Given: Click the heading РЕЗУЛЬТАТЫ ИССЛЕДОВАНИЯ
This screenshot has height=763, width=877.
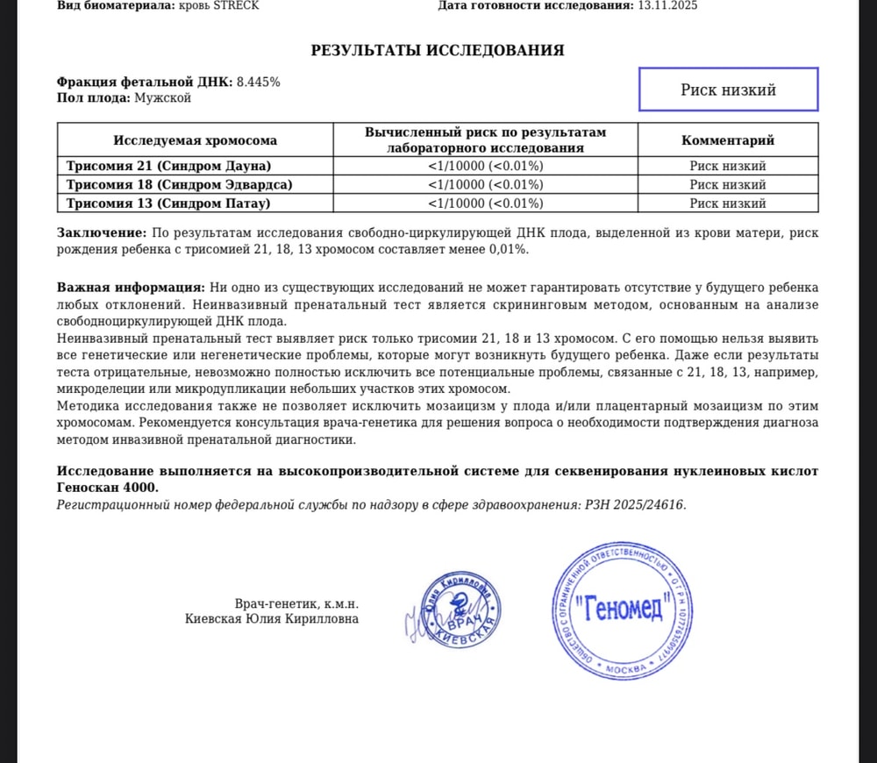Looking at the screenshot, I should (438, 50).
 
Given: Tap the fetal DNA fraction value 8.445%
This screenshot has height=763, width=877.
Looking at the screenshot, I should (259, 82).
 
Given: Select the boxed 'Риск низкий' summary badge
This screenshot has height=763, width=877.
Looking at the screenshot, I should (728, 89).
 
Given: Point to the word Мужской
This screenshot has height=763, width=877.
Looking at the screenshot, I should (162, 97).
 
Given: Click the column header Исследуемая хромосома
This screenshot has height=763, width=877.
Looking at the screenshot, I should (195, 140).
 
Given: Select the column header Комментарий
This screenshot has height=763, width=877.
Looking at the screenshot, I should (728, 140).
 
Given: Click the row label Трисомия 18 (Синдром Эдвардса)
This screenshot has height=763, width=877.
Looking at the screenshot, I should (180, 184).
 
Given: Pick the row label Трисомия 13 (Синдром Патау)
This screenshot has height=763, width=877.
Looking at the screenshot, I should (168, 203).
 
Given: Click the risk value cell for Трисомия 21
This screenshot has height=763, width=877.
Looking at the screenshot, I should (485, 166).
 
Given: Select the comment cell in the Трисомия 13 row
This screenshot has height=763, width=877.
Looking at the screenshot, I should (728, 203).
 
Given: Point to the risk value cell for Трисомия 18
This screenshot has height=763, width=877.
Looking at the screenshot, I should (485, 184).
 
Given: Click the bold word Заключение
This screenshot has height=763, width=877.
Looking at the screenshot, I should (101, 232).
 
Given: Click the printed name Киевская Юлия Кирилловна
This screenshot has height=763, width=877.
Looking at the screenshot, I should (272, 619).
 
